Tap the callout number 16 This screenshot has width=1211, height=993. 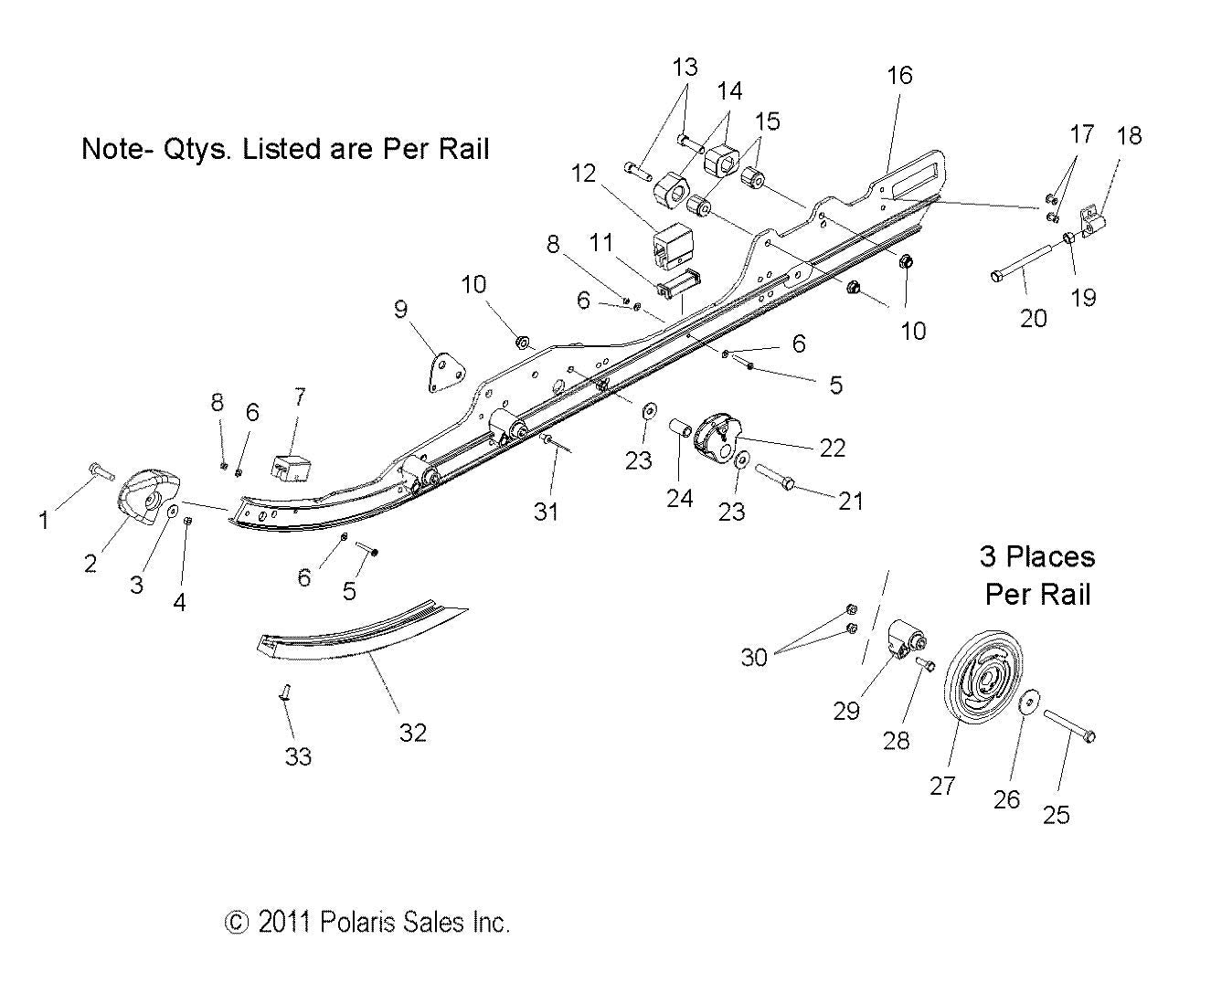(899, 75)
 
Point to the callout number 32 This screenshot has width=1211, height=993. (413, 733)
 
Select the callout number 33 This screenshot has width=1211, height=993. (299, 756)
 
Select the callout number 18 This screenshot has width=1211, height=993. (1130, 136)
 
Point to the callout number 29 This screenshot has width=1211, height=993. (846, 711)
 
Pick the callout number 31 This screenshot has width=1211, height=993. (546, 513)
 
